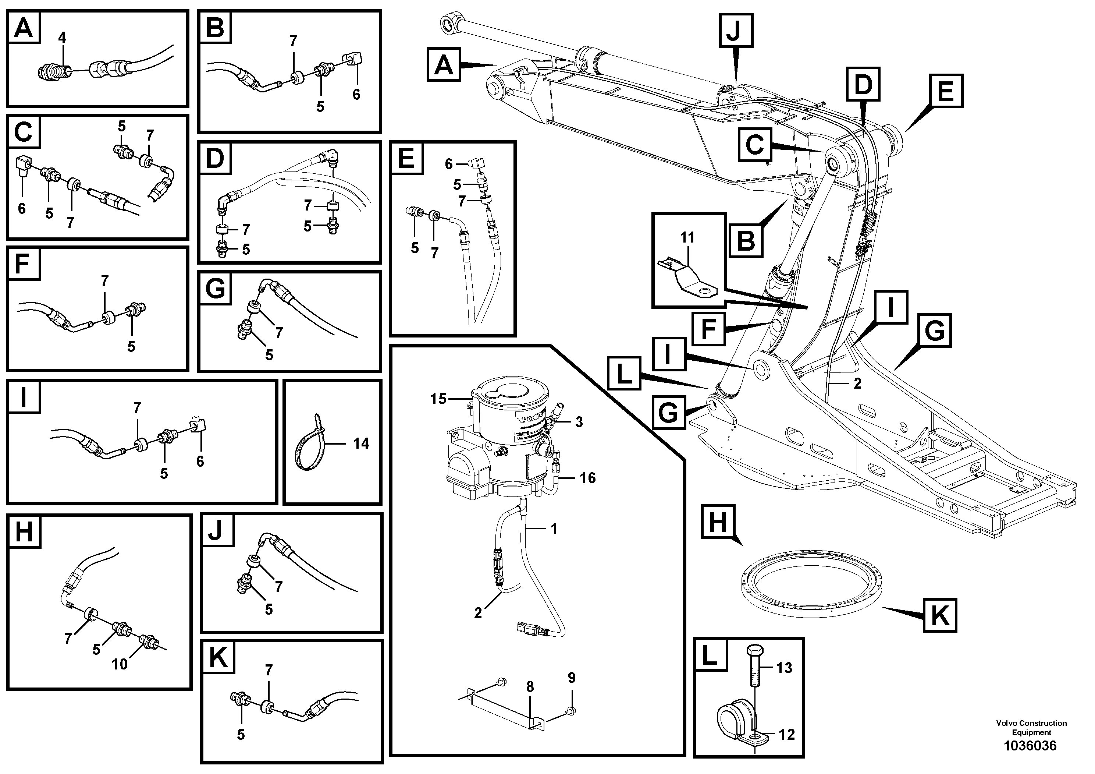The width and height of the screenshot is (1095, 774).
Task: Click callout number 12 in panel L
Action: (786, 734)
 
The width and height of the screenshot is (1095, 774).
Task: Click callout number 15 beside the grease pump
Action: (438, 399)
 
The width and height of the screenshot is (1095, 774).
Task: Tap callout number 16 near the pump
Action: (587, 478)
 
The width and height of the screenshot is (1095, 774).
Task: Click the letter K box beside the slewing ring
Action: (939, 616)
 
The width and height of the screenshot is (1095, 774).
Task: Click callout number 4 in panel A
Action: (62, 37)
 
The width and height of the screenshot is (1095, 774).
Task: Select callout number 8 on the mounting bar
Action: (530, 687)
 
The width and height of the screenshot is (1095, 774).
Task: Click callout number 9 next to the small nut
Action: (571, 678)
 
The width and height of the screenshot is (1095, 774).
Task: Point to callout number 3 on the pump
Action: (579, 422)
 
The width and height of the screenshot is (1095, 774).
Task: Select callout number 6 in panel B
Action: (356, 95)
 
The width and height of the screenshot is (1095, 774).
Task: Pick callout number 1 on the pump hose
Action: (554, 529)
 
